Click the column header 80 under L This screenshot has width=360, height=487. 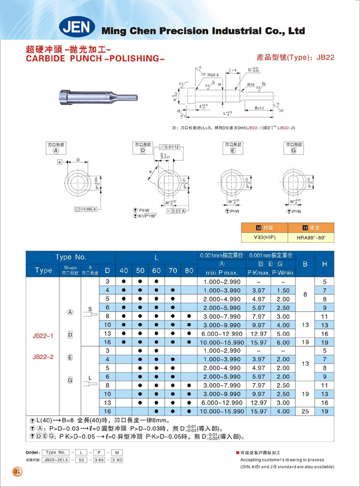pos(189,270)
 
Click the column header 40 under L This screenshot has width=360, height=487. pos(124,270)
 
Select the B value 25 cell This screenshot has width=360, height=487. pos(304,411)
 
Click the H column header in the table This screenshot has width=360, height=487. pos(325,264)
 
